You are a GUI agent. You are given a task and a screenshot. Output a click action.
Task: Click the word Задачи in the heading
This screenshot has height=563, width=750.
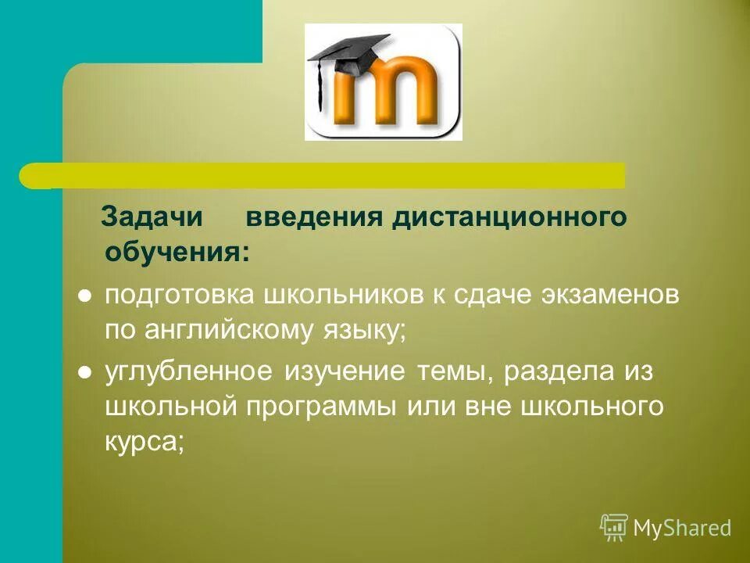coord(152,217)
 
